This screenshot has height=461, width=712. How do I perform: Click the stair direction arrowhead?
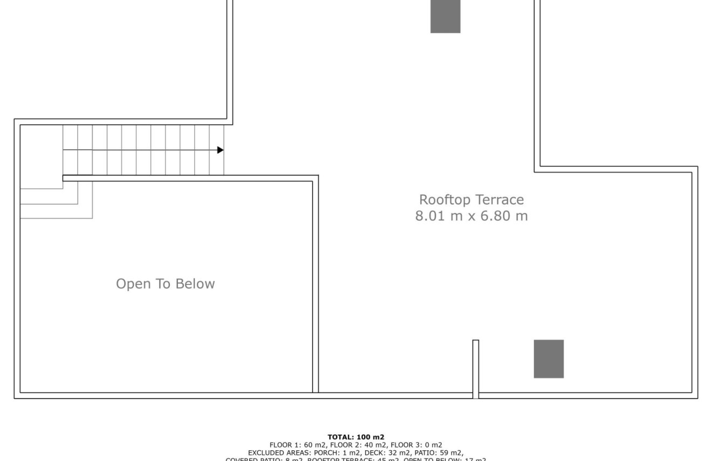pyautogui.click(x=221, y=150)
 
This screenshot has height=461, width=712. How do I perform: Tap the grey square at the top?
pyautogui.click(x=445, y=16)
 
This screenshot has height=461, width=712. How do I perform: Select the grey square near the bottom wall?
pyautogui.click(x=549, y=358)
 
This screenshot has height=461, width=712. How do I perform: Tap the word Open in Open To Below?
pyautogui.click(x=134, y=284)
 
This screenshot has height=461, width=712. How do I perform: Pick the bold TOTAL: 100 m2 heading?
pyautogui.click(x=356, y=437)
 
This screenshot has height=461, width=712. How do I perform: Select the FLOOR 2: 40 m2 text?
pyautogui.click(x=359, y=445)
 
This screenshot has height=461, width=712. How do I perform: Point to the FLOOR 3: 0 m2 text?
pyautogui.click(x=416, y=445)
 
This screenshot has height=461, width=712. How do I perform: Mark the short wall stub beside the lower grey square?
pyautogui.click(x=475, y=367)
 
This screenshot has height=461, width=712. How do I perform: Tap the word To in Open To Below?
pyautogui.click(x=163, y=284)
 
